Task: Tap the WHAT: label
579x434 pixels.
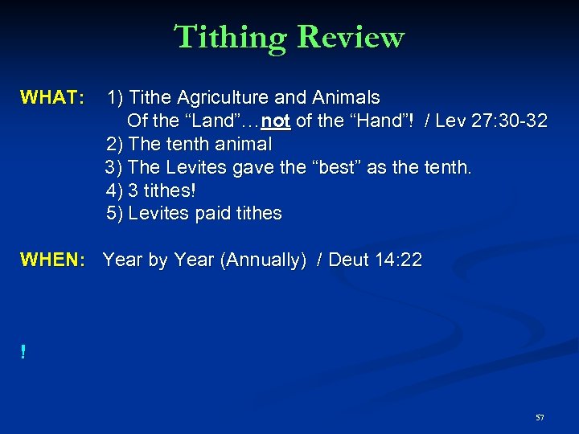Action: click(x=52, y=98)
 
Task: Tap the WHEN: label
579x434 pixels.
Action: click(x=53, y=260)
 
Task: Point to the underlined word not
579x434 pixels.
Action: click(x=275, y=121)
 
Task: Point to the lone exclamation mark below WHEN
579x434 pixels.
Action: click(x=23, y=352)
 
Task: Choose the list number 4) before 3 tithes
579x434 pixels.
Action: click(x=114, y=191)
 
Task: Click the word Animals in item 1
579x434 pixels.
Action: click(x=347, y=98)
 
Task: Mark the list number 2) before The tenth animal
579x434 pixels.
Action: click(x=114, y=145)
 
